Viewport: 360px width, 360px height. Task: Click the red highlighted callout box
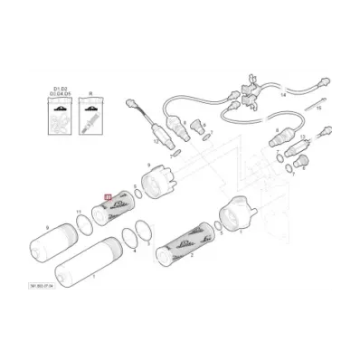[109, 194]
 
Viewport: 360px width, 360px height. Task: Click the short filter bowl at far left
[55, 239]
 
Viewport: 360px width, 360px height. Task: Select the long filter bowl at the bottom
[82, 261]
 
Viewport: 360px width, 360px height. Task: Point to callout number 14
[283, 93]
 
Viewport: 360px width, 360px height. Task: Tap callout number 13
[302, 135]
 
